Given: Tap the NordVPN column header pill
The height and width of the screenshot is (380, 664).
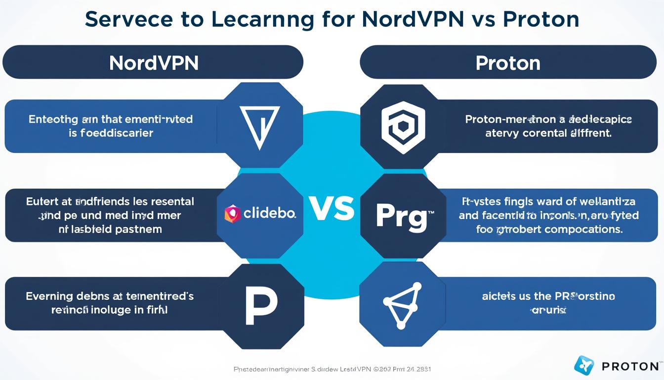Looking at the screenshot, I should coord(153,62).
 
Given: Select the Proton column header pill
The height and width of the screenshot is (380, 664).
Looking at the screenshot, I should coord(508,62).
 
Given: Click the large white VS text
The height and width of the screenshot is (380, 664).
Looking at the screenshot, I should coord(332,208).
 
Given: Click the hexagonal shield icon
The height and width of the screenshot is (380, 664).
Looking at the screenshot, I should coord(403,127).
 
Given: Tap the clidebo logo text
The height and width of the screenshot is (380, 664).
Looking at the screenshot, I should coord(269,213).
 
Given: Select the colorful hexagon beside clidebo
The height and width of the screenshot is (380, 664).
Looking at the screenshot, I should coord(232,213).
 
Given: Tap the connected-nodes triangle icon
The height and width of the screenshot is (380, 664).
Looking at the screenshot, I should coord(401,305).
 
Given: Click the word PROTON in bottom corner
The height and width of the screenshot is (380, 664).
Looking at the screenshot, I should coord(630,367).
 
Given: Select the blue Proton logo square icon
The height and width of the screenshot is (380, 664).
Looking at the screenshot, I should coord(584,365).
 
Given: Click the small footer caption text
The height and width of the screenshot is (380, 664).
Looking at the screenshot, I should coord(332,369).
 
